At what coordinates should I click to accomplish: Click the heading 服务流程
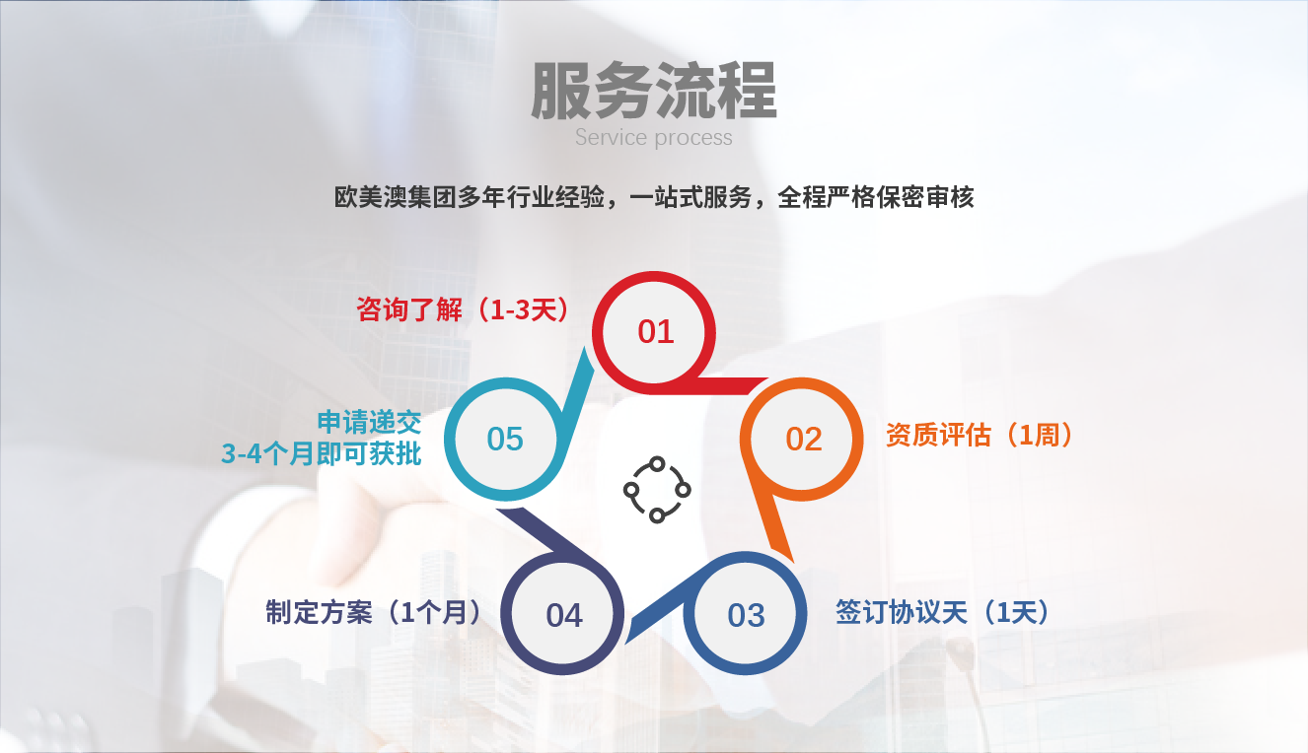point(653,91)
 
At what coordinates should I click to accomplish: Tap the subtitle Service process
point(653,138)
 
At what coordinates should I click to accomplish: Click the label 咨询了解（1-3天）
point(463,309)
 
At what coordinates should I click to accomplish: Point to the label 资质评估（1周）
point(980,435)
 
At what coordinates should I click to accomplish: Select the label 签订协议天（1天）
point(942,612)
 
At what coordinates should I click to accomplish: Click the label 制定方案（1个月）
point(374,612)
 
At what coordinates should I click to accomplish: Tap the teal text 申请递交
point(369,422)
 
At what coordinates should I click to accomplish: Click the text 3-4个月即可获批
point(322,453)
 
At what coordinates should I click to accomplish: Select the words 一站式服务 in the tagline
point(690,197)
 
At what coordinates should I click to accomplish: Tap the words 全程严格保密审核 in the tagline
point(876,197)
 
